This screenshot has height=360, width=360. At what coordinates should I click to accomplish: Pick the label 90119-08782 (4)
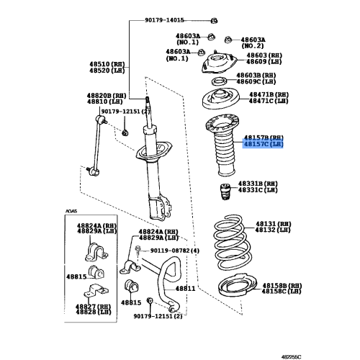coord(174,251)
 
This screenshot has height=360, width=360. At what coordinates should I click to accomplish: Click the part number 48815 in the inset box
coord(77,276)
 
